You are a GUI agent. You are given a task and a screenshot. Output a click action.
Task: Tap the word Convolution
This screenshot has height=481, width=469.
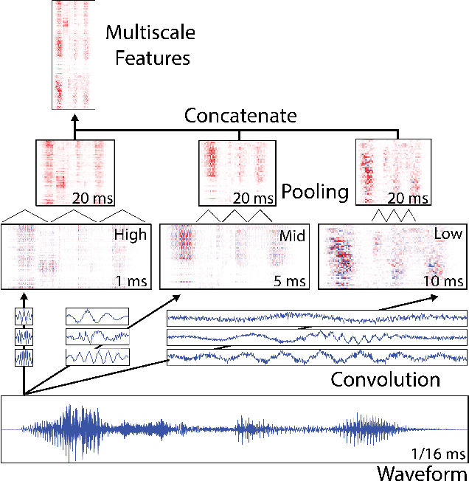(x=385, y=380)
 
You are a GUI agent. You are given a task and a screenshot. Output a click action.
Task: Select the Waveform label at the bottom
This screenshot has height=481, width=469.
(x=421, y=472)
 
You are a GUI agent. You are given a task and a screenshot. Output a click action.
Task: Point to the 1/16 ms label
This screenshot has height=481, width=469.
(x=437, y=453)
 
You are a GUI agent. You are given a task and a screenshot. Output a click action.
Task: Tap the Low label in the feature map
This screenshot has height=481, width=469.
(x=448, y=235)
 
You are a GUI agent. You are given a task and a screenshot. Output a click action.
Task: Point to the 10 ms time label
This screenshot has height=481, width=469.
(x=444, y=280)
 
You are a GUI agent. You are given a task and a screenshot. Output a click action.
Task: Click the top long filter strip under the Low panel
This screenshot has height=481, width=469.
(x=317, y=318)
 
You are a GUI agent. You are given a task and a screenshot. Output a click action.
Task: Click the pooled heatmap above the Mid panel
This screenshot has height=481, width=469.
(x=236, y=173)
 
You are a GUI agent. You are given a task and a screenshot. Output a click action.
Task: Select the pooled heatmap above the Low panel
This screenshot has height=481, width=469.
(x=392, y=172)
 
